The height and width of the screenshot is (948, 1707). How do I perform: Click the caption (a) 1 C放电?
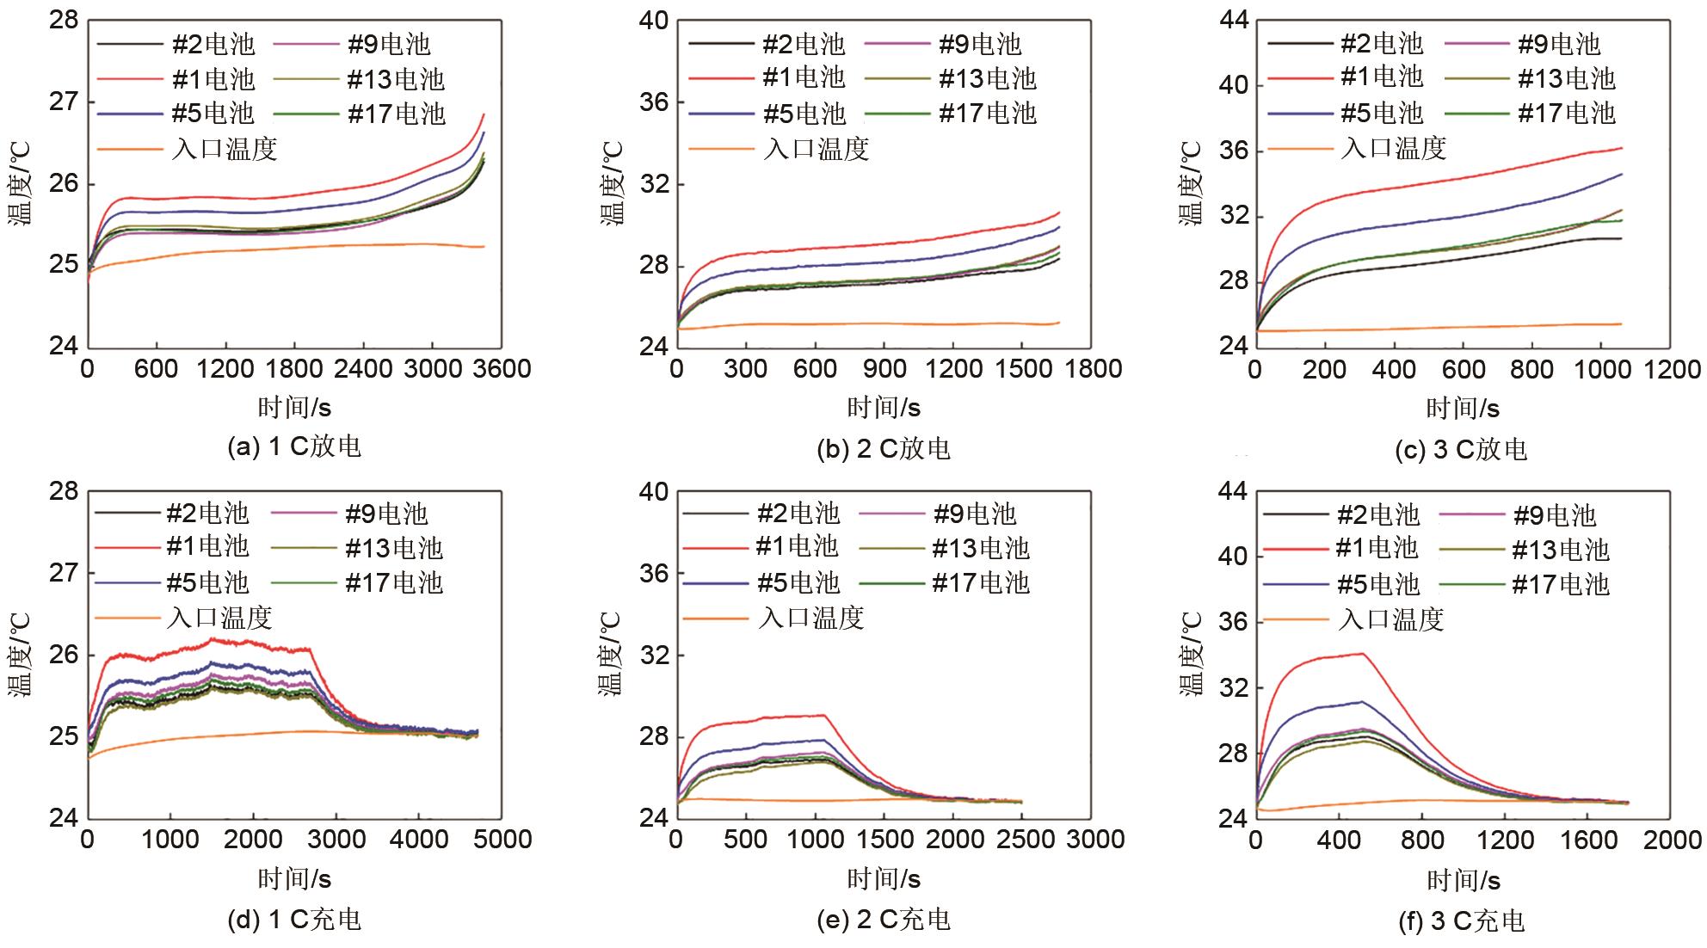coord(293,446)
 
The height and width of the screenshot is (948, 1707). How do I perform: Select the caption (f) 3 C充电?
coord(1462,921)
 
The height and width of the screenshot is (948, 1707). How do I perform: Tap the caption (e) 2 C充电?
coord(883,920)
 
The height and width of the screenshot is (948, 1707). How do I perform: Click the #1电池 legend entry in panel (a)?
coord(213,79)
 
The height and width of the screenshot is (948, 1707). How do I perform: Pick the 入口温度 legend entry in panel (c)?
coord(1393,148)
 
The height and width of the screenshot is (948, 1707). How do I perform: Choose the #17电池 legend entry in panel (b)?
coord(987,114)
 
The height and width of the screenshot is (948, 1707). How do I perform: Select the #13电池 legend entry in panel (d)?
coord(393,549)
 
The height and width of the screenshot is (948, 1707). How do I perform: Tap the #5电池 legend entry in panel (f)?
coord(1377,585)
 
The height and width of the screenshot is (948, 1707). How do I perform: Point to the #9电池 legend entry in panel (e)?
coord(975,514)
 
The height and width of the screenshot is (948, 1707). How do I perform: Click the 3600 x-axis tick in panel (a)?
coord(502,369)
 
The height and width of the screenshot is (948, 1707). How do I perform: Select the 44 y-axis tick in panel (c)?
coord(1234,20)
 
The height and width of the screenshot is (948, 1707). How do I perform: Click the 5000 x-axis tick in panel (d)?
coord(502,840)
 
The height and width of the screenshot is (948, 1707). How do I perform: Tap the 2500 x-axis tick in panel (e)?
coord(1023,840)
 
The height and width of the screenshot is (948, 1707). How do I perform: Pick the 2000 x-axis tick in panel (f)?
coord(1673,840)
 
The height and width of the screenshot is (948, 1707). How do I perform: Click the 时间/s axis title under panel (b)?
coord(884,407)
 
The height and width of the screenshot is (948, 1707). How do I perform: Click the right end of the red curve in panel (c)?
coord(1622,148)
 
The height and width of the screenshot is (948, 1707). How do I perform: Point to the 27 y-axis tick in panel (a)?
coord(64,102)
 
